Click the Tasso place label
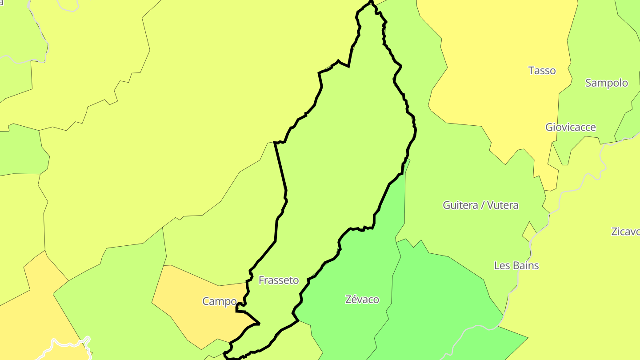click(542, 71)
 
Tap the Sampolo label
click(606, 83)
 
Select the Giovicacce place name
click(570, 128)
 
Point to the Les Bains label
click(516, 266)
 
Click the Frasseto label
click(278, 280)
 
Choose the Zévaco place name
click(362, 300)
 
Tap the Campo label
click(219, 301)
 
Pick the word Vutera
click(502, 205)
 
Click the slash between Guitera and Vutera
click(482, 205)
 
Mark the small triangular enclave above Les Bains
click(529, 230)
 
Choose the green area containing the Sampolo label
click(596, 107)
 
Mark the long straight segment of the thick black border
click(280, 167)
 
